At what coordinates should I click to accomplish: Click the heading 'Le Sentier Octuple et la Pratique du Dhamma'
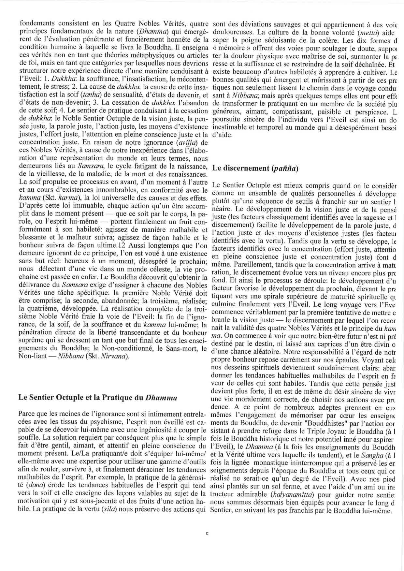pyautogui.click(x=98, y=398)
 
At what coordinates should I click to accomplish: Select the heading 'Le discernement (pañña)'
pyautogui.click(x=255, y=168)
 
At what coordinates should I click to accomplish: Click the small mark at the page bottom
pyautogui.click(x=207, y=534)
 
